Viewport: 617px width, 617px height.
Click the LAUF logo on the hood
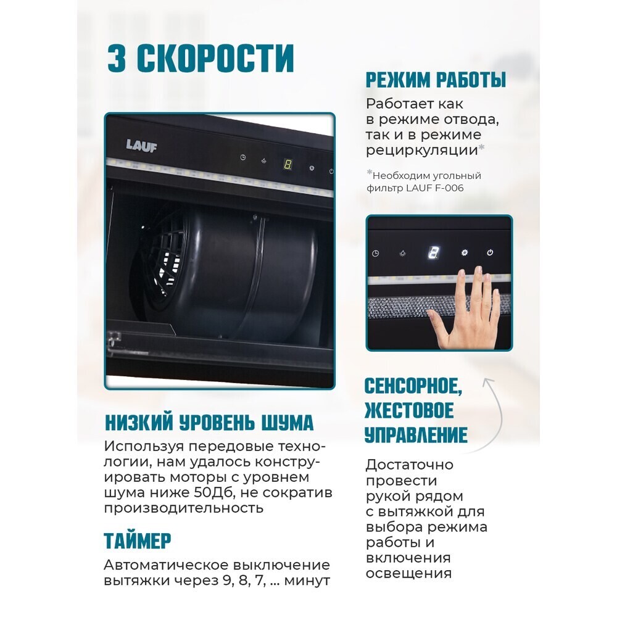coord(141,146)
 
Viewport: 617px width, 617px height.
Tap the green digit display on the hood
coord(288,164)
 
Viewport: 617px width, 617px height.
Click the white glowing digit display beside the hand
coord(433,253)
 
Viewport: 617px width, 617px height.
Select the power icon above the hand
coord(490,253)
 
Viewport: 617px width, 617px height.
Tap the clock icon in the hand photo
coord(376,253)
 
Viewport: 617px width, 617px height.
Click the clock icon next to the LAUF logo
coord(243,157)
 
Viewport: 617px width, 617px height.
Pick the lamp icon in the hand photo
coord(402,253)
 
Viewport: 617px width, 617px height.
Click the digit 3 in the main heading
coord(117,59)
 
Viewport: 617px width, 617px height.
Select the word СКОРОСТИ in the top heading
coord(215,59)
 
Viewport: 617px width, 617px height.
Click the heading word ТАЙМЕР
coord(138,540)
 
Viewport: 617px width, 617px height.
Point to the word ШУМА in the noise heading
coord(286,423)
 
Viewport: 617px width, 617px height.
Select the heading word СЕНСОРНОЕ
coord(413,387)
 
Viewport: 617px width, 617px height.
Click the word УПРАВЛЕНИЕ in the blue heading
coord(416,435)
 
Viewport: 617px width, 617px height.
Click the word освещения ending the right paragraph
coord(408,573)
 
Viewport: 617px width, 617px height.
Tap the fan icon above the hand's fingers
coord(463,253)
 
